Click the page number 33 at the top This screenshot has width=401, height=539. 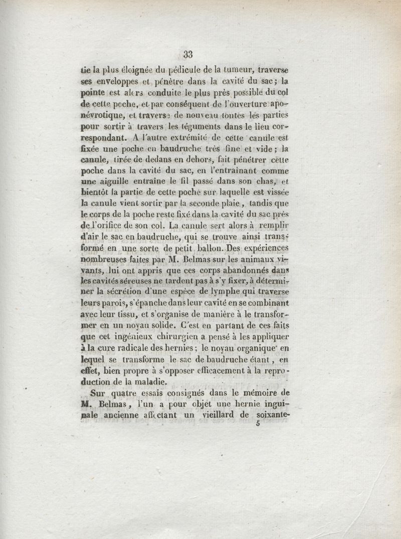coord(188,55)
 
